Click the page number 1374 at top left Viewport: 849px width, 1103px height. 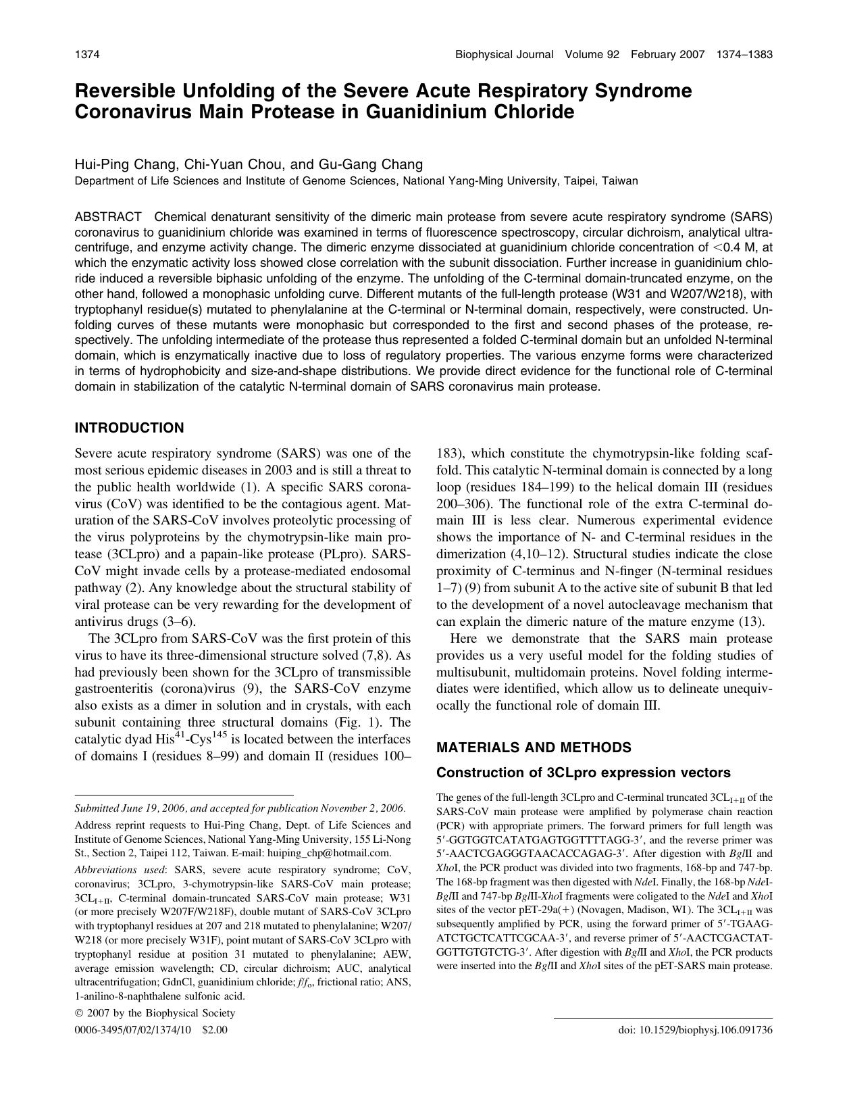click(87, 55)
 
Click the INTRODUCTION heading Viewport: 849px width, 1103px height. click(129, 428)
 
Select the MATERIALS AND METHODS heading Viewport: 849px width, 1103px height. click(534, 747)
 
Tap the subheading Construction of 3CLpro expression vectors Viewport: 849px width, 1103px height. click(584, 773)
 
